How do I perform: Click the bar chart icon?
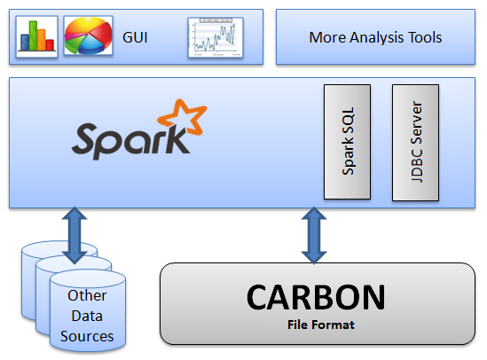(x=36, y=36)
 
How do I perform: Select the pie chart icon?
(x=88, y=36)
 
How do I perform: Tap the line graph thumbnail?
(x=216, y=37)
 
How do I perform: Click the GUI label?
(x=135, y=37)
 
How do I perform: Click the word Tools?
(x=425, y=37)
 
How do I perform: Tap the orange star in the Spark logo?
(x=183, y=117)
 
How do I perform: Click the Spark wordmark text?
(x=130, y=140)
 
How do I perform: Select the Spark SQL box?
(x=347, y=142)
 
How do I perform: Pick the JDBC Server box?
(x=415, y=143)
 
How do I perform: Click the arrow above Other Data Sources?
(x=75, y=236)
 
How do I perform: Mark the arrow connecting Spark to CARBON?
(x=314, y=235)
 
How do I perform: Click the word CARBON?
(x=316, y=297)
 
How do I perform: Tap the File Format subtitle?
(x=321, y=325)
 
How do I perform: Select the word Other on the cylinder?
(x=87, y=295)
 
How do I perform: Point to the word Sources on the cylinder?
(x=87, y=336)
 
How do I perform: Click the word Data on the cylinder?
(x=87, y=316)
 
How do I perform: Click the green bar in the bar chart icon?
(x=33, y=35)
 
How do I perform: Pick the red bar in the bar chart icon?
(x=50, y=44)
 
